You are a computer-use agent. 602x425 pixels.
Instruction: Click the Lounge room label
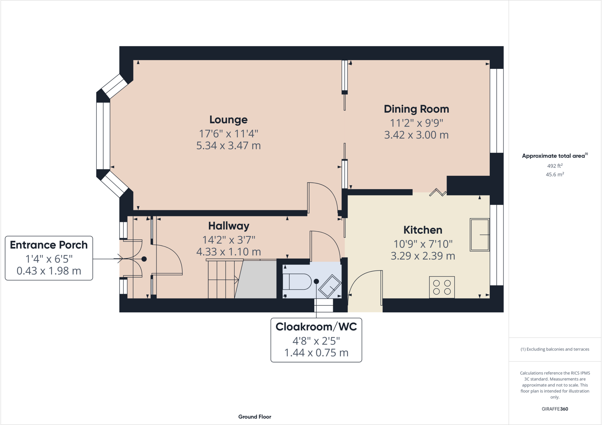[x=228, y=120]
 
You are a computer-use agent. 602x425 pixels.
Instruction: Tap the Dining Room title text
[x=416, y=109]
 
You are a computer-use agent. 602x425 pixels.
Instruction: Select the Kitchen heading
[x=422, y=230]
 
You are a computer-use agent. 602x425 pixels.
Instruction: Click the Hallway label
[x=228, y=226]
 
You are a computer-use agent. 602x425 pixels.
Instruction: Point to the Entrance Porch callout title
[x=49, y=245]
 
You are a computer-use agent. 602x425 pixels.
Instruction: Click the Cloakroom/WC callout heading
[x=316, y=327]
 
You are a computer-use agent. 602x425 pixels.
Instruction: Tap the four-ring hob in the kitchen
[x=442, y=287]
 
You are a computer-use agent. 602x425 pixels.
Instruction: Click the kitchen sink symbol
[x=479, y=235]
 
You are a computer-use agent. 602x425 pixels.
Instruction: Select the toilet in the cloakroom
[x=297, y=282]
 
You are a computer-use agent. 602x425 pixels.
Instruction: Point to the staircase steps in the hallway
[x=222, y=279]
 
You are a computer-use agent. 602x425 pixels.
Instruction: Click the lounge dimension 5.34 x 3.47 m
[x=228, y=146]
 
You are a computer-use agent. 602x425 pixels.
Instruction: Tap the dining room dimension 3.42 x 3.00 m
[x=416, y=135]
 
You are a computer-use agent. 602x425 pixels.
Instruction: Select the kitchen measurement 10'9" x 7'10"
[x=423, y=244]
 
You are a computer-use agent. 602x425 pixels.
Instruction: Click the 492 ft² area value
[x=555, y=166]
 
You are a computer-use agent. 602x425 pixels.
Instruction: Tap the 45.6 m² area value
[x=555, y=175]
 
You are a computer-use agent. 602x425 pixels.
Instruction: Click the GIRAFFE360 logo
[x=555, y=409]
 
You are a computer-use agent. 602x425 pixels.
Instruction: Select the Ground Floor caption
[x=255, y=417]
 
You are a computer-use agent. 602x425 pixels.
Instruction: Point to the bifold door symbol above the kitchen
[x=438, y=193]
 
